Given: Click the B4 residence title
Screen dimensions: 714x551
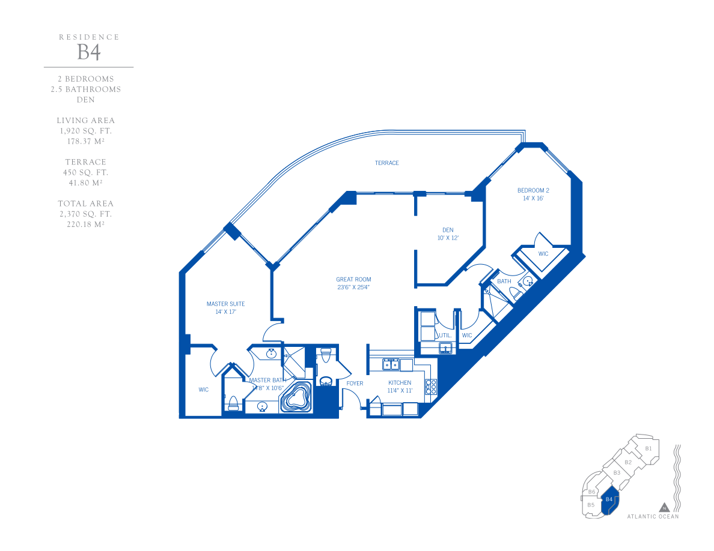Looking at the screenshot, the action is tap(89, 52).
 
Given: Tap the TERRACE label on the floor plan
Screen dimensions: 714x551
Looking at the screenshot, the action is tap(386, 163).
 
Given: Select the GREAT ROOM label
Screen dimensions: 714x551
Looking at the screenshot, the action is tap(353, 279).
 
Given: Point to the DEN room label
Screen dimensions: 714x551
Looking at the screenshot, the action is tap(448, 230).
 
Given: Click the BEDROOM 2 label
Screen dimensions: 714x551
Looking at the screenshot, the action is tap(533, 190).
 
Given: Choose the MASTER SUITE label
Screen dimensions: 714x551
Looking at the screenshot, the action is tap(225, 304).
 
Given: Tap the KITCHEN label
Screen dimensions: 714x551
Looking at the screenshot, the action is tap(400, 383).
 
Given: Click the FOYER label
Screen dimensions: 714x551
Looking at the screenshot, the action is tap(355, 384).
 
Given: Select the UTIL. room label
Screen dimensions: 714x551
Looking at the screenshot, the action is tap(445, 335).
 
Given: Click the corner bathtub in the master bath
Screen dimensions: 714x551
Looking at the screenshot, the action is tap(296, 397).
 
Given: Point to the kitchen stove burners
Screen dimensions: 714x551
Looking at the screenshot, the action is tap(431, 387).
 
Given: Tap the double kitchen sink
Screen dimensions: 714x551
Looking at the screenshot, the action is tap(391, 364).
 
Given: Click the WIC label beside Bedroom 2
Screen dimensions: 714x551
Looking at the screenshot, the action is tap(543, 254).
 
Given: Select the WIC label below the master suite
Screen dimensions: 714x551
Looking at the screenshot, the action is tap(204, 390).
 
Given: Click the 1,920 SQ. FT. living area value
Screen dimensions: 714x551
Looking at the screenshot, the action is tap(85, 131).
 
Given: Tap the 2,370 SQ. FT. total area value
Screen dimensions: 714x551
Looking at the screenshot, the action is tap(85, 214).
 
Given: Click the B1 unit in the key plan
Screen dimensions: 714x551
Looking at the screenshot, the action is tap(648, 448).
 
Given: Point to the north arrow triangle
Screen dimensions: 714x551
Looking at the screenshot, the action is tap(664, 507).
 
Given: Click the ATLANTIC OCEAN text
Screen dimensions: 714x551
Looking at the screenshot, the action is tap(653, 516).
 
